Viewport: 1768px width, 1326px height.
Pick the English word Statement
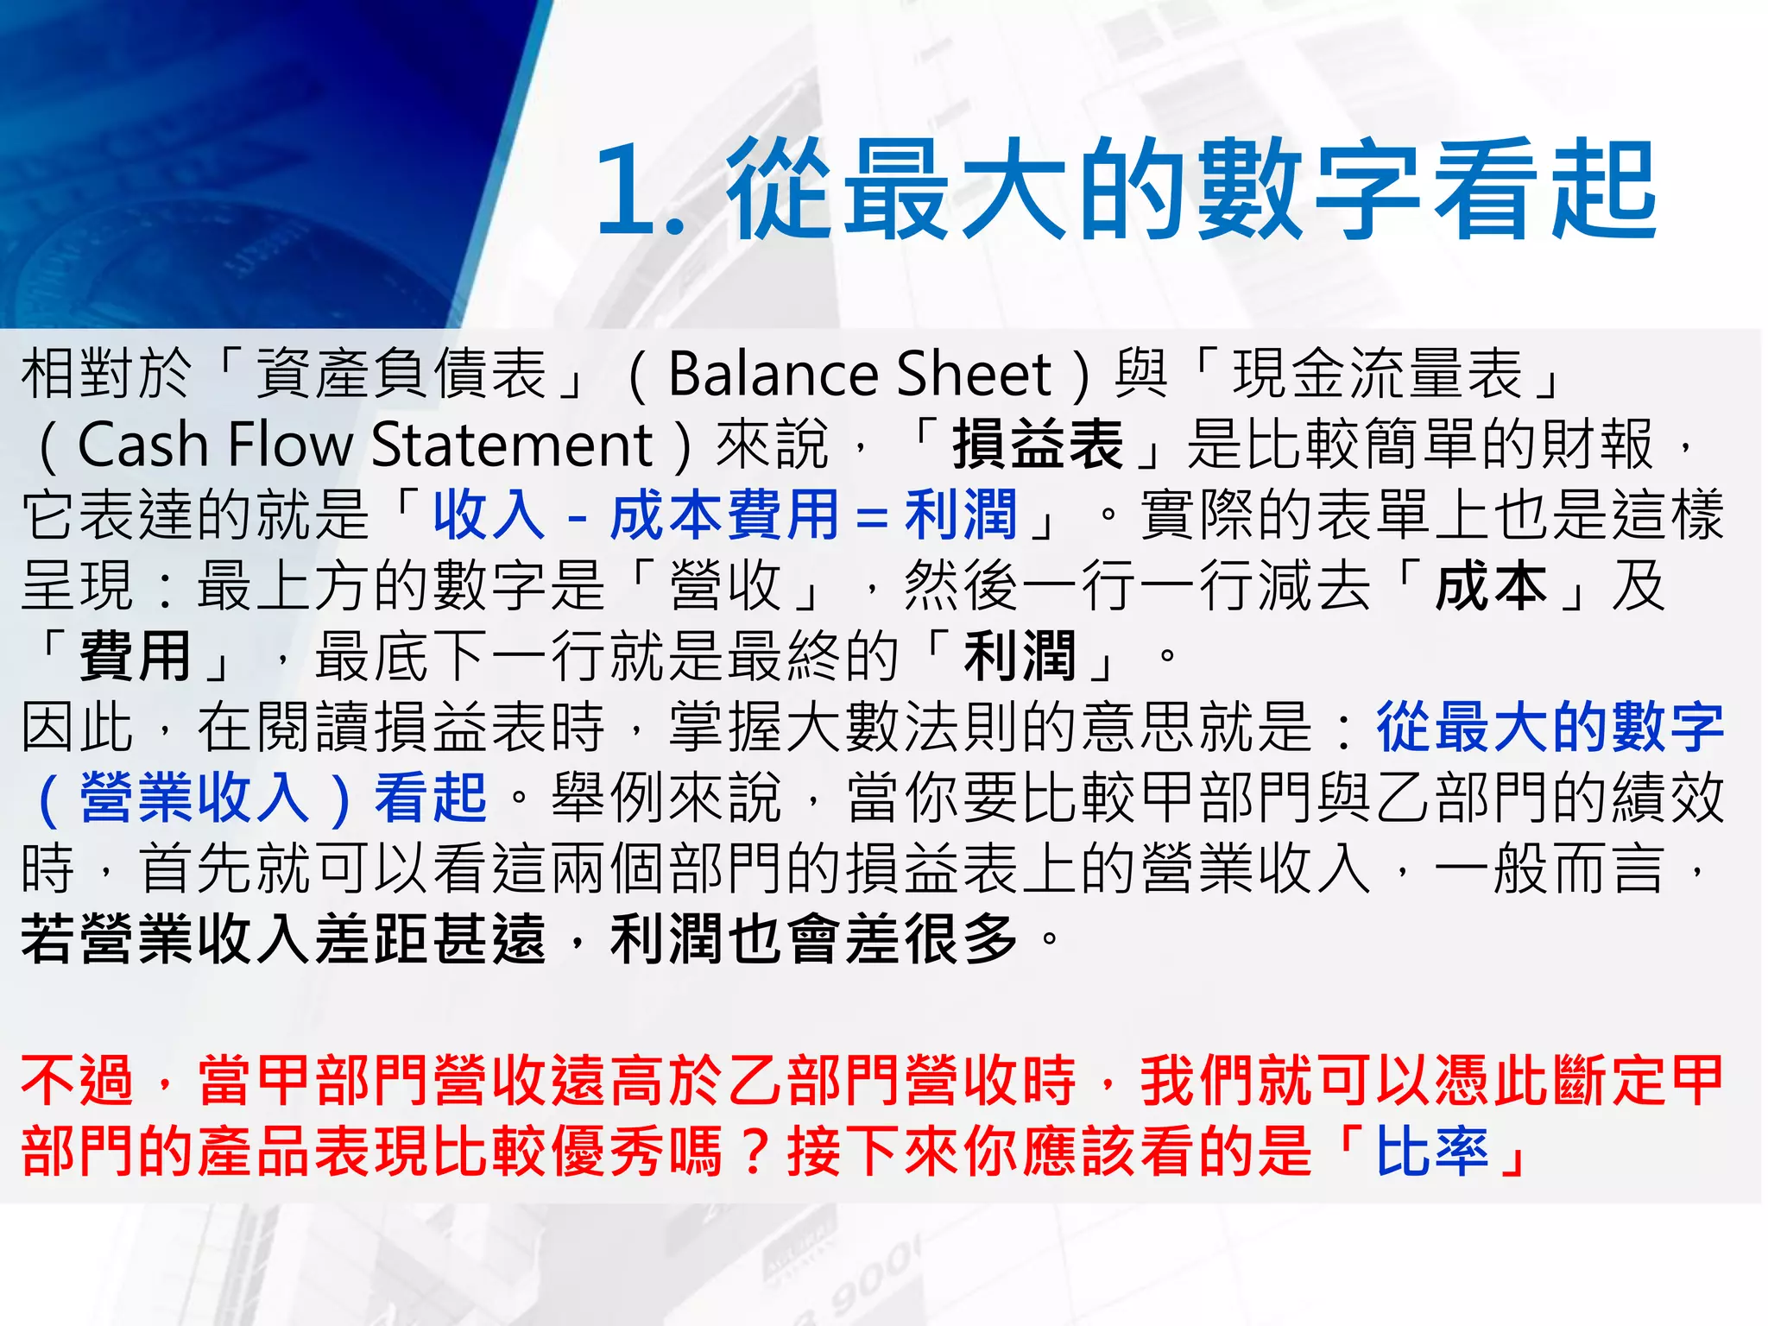pyautogui.click(x=511, y=445)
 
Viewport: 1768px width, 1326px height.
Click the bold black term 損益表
pyautogui.click(x=1039, y=445)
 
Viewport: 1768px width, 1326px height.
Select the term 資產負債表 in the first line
pyautogui.click(x=401, y=375)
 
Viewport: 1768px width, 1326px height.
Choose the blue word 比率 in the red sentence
pyautogui.click(x=1432, y=1152)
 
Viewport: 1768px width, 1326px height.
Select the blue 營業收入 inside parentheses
pyautogui.click(x=194, y=798)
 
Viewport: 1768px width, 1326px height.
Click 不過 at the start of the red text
pyautogui.click(x=78, y=1081)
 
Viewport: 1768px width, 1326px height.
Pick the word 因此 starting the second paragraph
pyautogui.click(x=78, y=728)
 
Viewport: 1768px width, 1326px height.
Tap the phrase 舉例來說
pyautogui.click(x=666, y=798)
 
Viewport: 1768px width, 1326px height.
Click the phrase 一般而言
pyautogui.click(x=1550, y=868)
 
